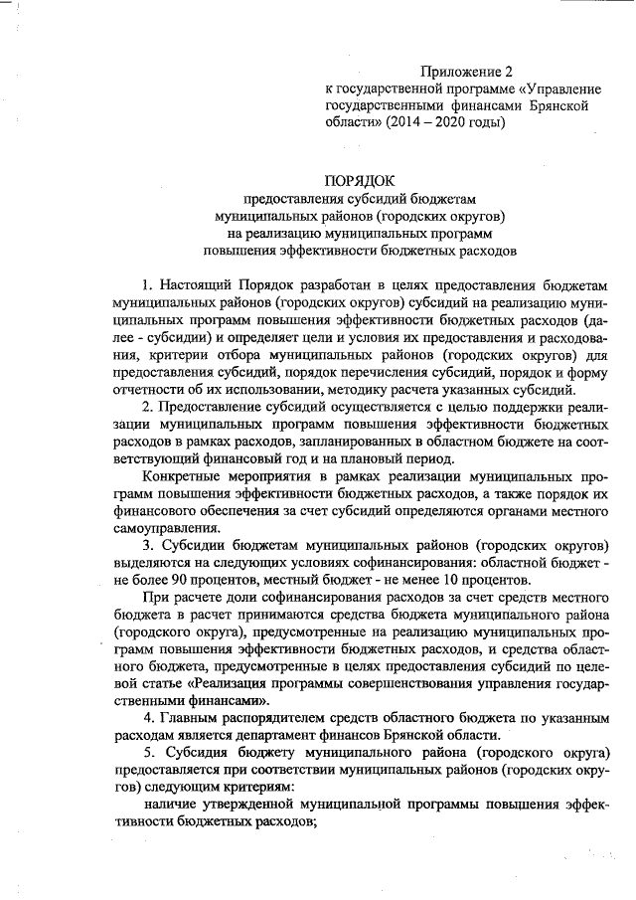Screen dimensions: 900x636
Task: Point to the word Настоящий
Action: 194,284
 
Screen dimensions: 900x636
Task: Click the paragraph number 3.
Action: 146,546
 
